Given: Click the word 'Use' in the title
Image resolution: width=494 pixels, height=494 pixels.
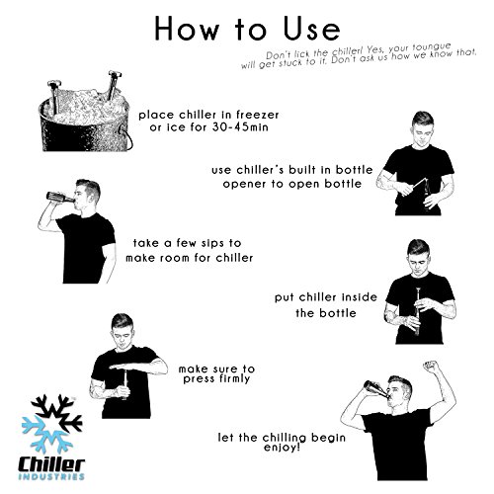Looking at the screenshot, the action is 311,29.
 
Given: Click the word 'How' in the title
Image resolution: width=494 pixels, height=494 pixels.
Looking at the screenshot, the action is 187,29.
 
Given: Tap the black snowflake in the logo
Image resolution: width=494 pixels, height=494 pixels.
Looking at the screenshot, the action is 56,412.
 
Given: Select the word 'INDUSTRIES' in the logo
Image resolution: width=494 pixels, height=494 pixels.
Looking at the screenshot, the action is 51,476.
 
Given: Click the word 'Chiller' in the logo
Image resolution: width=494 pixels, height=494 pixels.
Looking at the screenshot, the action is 51,463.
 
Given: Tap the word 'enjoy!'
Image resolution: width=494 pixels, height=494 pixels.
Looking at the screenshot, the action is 282,448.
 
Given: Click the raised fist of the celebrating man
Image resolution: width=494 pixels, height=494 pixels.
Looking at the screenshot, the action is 431,367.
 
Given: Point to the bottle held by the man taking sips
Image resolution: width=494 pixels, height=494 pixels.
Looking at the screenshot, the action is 60,197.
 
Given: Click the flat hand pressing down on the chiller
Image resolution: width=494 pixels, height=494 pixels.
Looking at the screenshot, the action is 126,366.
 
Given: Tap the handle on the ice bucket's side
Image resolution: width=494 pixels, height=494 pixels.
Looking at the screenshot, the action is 126,136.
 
